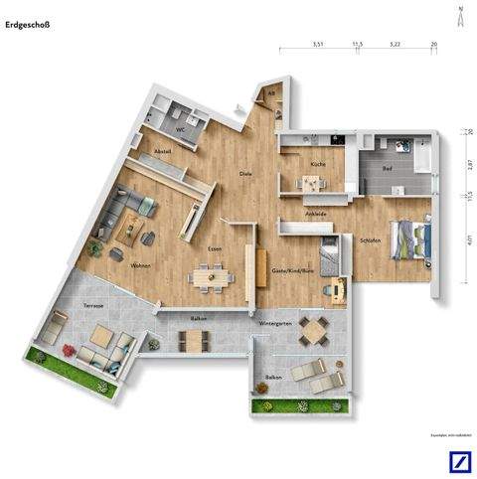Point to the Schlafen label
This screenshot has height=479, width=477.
pos(369,240)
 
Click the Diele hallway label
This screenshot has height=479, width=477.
pos(245,175)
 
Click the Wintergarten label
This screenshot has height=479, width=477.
pos(274,325)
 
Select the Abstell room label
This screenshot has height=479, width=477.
pos(163,151)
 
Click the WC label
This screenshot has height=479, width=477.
pos(182,129)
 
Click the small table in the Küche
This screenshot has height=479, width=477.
pos(312,183)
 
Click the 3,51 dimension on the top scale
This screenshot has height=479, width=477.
pos(318,44)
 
